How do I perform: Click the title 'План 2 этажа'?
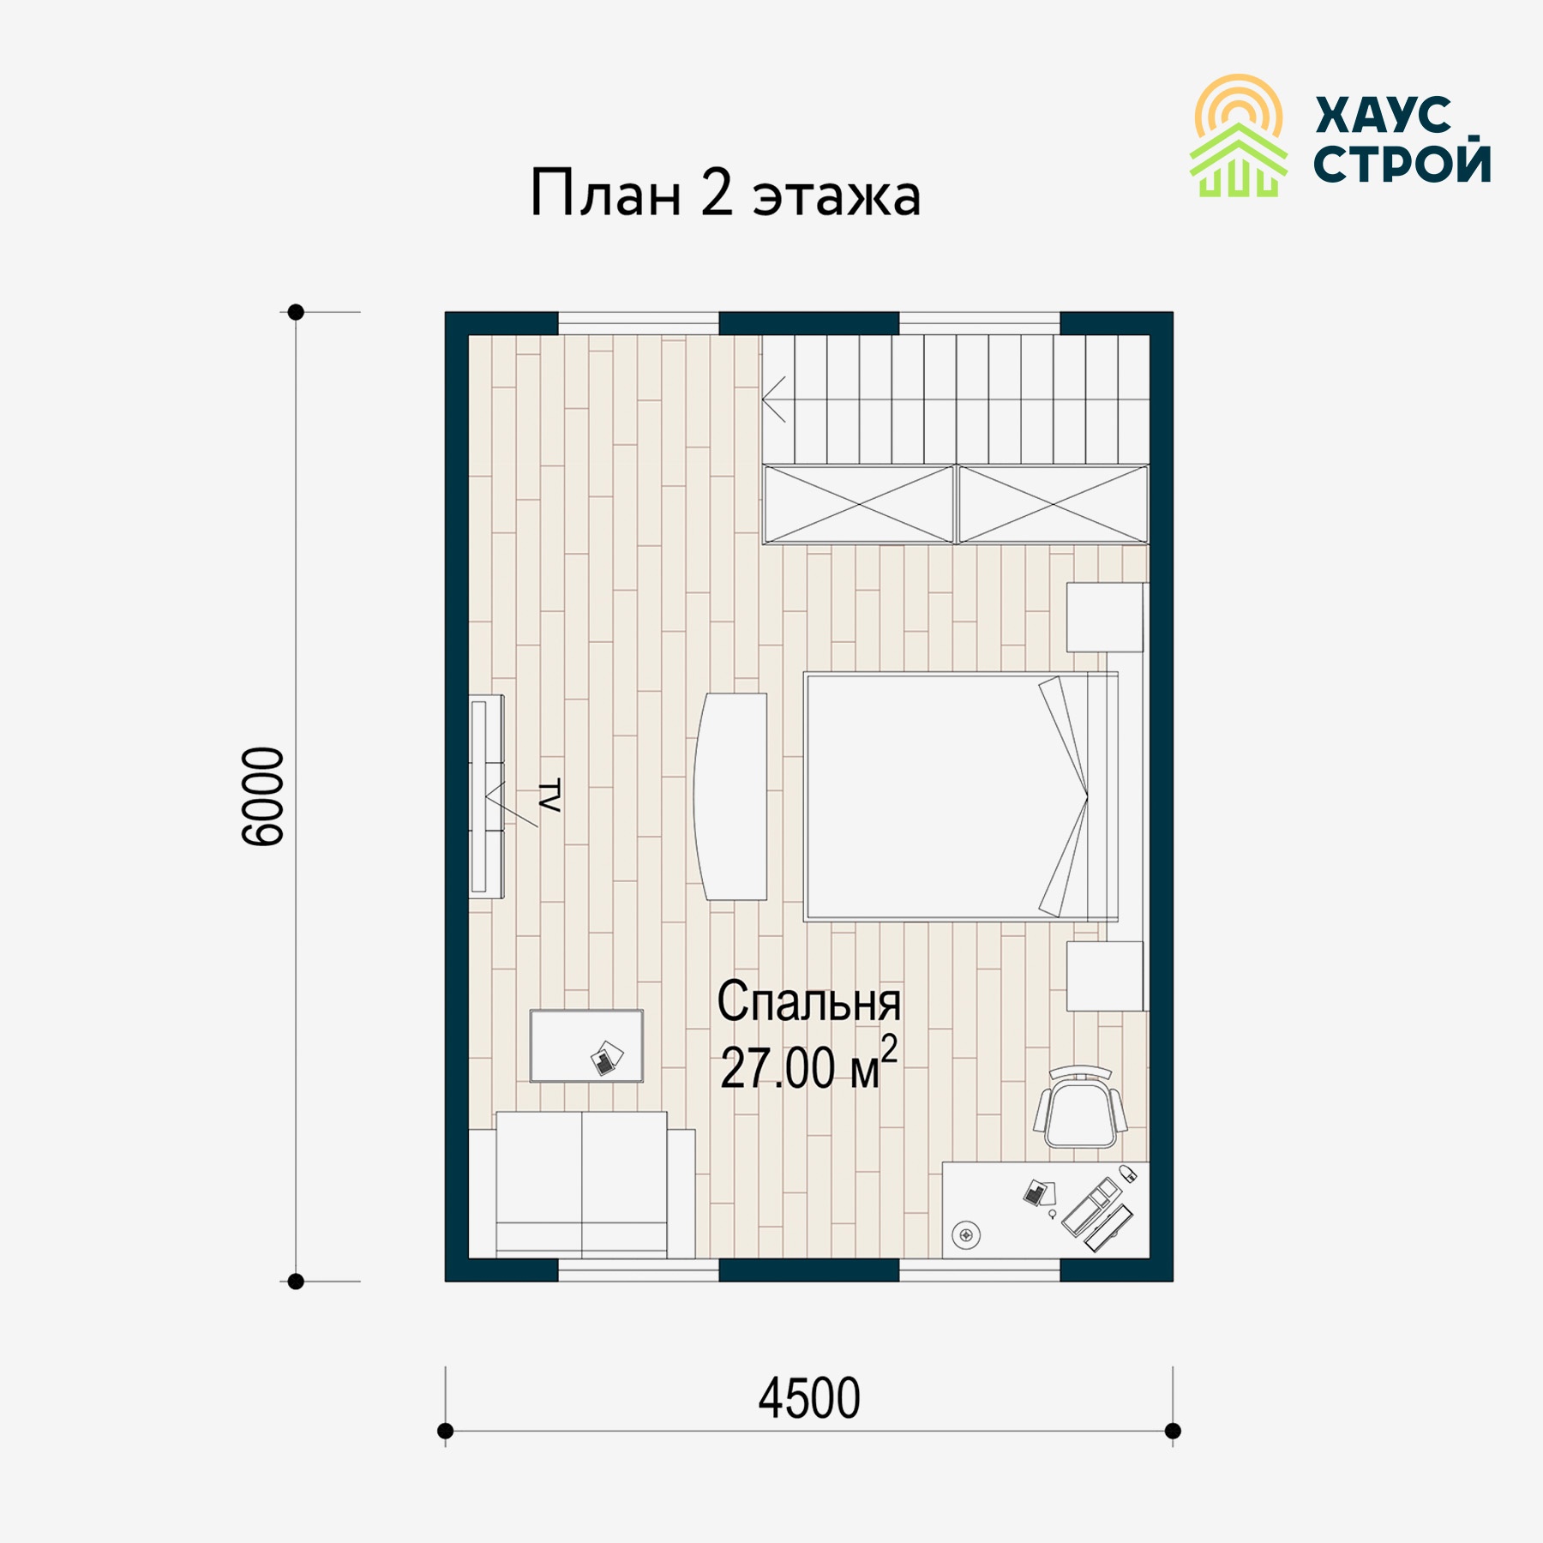[x=725, y=194]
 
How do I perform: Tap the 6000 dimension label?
[x=262, y=796]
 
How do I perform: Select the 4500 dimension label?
[x=809, y=1399]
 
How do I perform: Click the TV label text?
[x=549, y=796]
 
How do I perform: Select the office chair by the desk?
[x=1080, y=1108]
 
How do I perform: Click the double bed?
[x=960, y=797]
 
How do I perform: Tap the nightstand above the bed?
[x=1104, y=617]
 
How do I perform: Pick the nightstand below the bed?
[x=1104, y=976]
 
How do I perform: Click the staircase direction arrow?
[x=774, y=399]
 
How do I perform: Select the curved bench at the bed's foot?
[x=730, y=796]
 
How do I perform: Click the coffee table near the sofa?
[x=586, y=1046]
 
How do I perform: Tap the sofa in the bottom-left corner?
[x=582, y=1186]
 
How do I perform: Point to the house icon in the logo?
[x=1239, y=160]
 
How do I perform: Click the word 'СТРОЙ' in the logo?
[x=1402, y=161]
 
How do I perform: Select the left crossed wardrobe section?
[x=859, y=505]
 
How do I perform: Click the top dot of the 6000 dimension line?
[x=296, y=312]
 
